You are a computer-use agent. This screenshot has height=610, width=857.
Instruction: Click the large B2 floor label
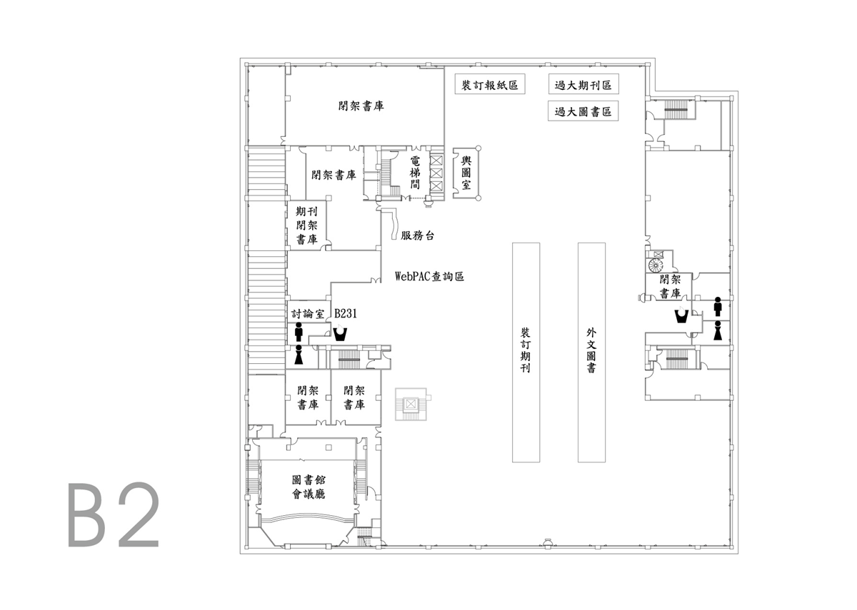(x=114, y=514)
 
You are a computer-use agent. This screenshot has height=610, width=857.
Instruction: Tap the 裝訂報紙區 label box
(x=490, y=84)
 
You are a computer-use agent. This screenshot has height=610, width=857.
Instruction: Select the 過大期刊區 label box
(x=583, y=84)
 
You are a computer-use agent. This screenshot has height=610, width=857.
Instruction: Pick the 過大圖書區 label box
(x=583, y=111)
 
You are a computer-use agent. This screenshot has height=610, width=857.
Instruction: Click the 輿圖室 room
(x=466, y=173)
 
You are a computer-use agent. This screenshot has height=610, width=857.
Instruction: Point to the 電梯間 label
(x=415, y=173)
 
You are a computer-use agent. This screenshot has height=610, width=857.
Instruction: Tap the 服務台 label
(x=417, y=235)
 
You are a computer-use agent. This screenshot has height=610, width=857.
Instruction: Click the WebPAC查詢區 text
(x=429, y=276)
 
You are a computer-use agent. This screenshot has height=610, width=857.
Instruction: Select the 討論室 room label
(x=308, y=314)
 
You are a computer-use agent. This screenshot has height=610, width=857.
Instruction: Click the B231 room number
(x=346, y=313)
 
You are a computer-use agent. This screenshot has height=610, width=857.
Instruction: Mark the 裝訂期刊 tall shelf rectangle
(x=526, y=352)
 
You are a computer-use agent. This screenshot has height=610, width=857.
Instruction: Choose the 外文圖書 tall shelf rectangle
(x=591, y=352)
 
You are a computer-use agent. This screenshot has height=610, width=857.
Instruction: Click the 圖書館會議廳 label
(x=309, y=487)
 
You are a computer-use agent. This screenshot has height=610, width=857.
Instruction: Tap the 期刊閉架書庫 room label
(x=306, y=225)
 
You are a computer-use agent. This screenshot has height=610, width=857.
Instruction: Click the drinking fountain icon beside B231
(x=339, y=333)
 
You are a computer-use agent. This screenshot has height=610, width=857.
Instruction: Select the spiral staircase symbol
(x=656, y=265)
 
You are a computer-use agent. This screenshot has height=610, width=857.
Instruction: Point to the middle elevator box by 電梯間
(x=436, y=173)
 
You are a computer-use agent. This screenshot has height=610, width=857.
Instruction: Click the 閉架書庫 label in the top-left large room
(x=361, y=106)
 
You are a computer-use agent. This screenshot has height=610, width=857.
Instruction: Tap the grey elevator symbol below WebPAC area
(x=411, y=404)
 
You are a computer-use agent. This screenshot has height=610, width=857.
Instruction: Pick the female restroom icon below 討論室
(x=299, y=355)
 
